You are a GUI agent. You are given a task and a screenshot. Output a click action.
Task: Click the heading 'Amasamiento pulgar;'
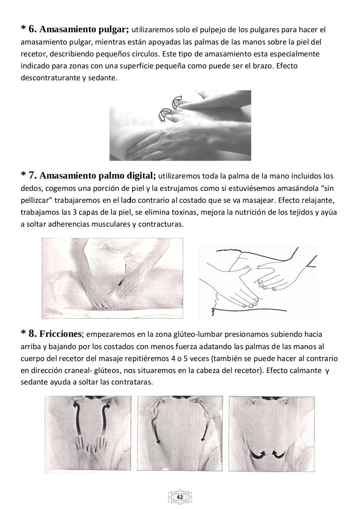pyautogui.click(x=84, y=29)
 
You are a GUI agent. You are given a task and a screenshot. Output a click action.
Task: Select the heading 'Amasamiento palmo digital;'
pyautogui.click(x=98, y=175)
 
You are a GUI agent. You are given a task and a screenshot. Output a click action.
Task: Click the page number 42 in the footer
pyautogui.click(x=180, y=497)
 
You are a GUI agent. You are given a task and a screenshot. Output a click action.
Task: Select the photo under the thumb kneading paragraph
pyautogui.click(x=180, y=125)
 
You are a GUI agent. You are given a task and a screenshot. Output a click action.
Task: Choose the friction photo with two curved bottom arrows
pyautogui.click(x=271, y=433)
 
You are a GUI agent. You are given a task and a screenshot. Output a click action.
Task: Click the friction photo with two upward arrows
pyautogui.click(x=88, y=433)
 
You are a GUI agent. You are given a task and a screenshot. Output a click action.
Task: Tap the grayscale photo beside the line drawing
pyautogui.click(x=112, y=278)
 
